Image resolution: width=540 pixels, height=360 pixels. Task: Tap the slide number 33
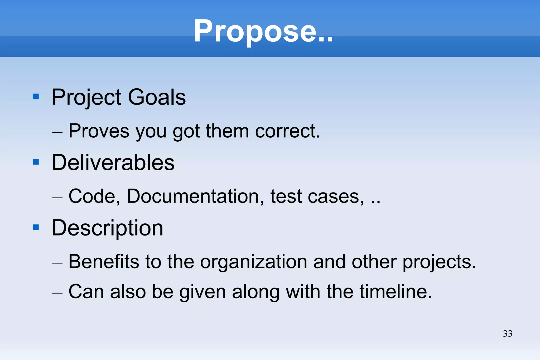coord(508,334)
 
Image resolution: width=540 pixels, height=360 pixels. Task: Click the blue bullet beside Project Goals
coord(36,97)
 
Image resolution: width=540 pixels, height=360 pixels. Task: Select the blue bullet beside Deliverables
coord(36,162)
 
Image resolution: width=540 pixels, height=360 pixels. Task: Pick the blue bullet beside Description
coord(36,227)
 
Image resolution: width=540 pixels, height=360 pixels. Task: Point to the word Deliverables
coord(113,162)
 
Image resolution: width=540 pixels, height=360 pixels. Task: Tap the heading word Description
coord(107,228)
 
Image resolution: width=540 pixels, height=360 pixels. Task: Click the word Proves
coord(99,131)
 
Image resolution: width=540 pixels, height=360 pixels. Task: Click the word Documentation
coord(195,196)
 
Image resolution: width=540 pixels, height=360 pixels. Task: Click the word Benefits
coord(104,262)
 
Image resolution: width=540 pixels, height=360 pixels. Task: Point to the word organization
coord(254,262)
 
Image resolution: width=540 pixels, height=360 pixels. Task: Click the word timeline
coord(396,292)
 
